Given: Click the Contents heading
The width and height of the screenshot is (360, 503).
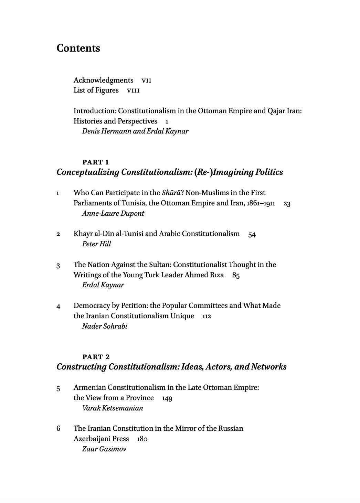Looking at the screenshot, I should coord(78,48).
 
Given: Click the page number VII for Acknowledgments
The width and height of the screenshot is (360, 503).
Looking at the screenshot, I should coord(146,81).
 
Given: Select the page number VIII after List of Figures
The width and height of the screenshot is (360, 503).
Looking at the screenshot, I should coord(133,90).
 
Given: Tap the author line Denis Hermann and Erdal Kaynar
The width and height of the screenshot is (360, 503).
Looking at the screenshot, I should coord(135,131).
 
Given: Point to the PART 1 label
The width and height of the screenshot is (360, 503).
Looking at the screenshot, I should coord(96,162).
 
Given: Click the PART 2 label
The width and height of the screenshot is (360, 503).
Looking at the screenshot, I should coord(96,357).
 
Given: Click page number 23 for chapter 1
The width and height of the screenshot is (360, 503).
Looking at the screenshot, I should coord(287,204).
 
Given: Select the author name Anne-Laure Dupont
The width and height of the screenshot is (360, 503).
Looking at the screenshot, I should coord(113,213).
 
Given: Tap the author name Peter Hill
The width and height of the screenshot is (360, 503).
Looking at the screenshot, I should coord(96,244).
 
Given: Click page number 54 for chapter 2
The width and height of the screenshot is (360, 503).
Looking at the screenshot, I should coord(252,235).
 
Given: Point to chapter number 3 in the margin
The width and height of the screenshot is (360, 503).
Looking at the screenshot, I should coord(58,266).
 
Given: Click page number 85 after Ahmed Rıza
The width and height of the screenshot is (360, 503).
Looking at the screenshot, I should coord(236,276).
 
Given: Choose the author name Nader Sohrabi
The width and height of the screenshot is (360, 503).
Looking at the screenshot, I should coord(105,326).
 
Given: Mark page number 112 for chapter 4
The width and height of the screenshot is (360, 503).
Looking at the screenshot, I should coord(207,317).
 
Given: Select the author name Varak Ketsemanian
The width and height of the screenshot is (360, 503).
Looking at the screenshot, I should coord(113,408).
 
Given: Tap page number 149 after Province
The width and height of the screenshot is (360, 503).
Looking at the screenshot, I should coord(167,398).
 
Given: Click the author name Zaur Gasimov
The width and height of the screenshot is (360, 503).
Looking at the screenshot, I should coord(104,449).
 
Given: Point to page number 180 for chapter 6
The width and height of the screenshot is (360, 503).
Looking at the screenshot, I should coord(142,439).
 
